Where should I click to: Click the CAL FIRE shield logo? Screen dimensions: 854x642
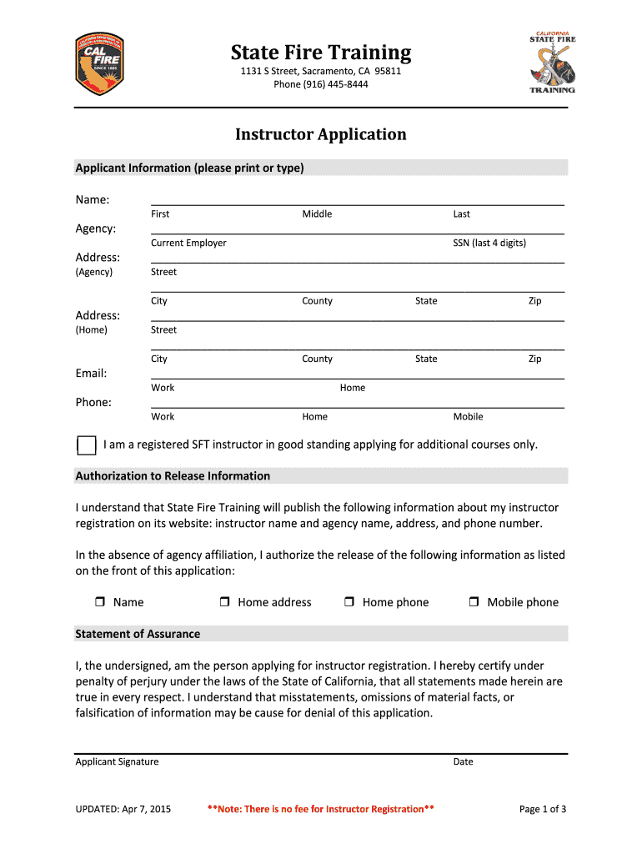coord(99,64)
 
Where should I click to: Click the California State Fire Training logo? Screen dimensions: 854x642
coord(552,63)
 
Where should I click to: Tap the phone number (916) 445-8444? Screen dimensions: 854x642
coord(321,84)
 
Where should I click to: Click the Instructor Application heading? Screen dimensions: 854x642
coord(321,134)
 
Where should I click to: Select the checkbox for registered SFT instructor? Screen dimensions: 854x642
coord(86,445)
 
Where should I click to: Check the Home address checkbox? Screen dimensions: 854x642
coord(225,602)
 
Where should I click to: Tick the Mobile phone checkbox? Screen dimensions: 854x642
coord(474,602)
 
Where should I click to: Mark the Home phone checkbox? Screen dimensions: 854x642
coord(349,602)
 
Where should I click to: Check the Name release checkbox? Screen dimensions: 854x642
coord(99,602)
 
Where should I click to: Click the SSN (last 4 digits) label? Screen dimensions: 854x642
coord(489,243)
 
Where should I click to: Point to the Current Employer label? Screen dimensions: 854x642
coord(188,243)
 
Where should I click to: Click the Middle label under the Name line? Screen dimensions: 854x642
coord(317,213)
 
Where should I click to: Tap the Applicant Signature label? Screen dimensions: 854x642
coord(117,761)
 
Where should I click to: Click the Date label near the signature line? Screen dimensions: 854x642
coord(463,761)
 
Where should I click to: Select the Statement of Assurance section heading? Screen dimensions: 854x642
coord(138,634)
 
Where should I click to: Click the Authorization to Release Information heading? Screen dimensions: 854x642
coord(173,476)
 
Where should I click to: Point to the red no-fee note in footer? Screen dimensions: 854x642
coord(320,809)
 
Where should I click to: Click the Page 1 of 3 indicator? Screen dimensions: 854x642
coord(543,809)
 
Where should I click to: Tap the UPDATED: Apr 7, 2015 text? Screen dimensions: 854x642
coord(123,809)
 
